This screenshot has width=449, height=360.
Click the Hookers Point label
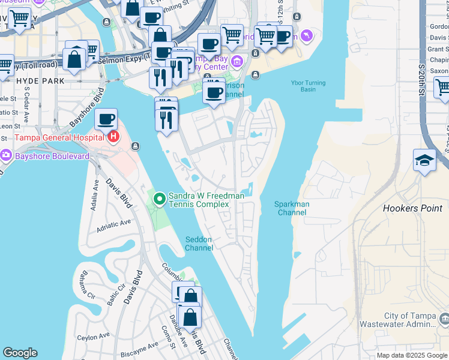412,208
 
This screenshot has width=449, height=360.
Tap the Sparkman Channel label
292,208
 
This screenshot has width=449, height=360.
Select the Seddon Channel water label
198,244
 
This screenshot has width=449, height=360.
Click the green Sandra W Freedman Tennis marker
159,199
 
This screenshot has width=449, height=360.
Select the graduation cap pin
424,159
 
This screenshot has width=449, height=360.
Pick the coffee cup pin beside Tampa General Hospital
106,119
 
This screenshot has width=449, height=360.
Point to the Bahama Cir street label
83,283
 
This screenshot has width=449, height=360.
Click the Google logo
20,353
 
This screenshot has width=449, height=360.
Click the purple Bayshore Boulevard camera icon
6,156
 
